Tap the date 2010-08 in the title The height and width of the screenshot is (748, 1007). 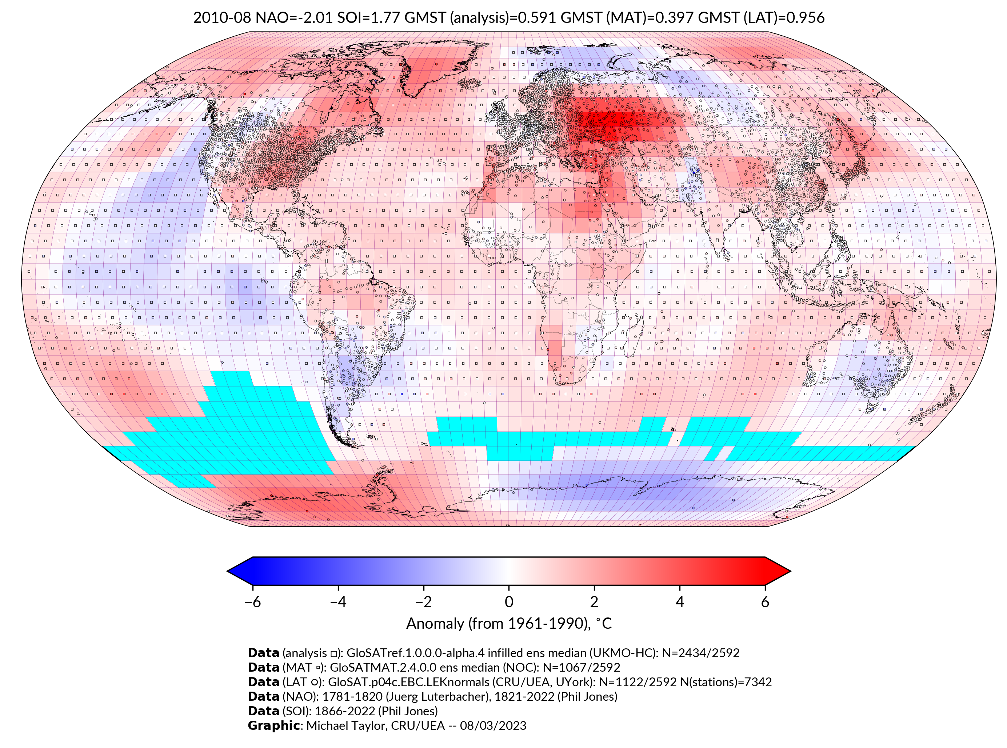[222, 18]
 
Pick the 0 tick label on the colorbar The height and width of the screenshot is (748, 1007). [509, 602]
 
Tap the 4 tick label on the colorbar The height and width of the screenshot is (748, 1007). [680, 602]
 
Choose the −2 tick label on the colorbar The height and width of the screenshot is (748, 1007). [423, 602]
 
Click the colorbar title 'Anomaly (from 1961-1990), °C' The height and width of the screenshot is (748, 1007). [509, 624]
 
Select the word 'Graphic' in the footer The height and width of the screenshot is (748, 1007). [273, 725]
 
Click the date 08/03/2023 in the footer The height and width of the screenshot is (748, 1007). [493, 725]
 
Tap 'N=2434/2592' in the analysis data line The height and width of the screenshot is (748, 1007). [700, 653]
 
